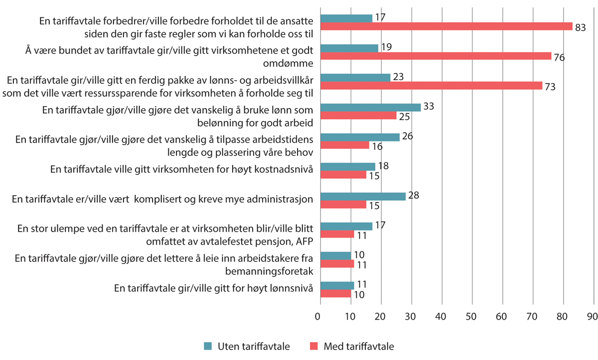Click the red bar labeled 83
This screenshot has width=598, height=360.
coord(446,26)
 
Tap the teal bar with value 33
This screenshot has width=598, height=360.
coord(370,107)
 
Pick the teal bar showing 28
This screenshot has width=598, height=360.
coord(362,196)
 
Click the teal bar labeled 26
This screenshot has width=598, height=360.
coord(359,137)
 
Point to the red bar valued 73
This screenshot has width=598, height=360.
coord(431,86)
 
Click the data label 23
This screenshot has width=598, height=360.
coord(398,77)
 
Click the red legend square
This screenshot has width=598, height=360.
coord(314,346)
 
